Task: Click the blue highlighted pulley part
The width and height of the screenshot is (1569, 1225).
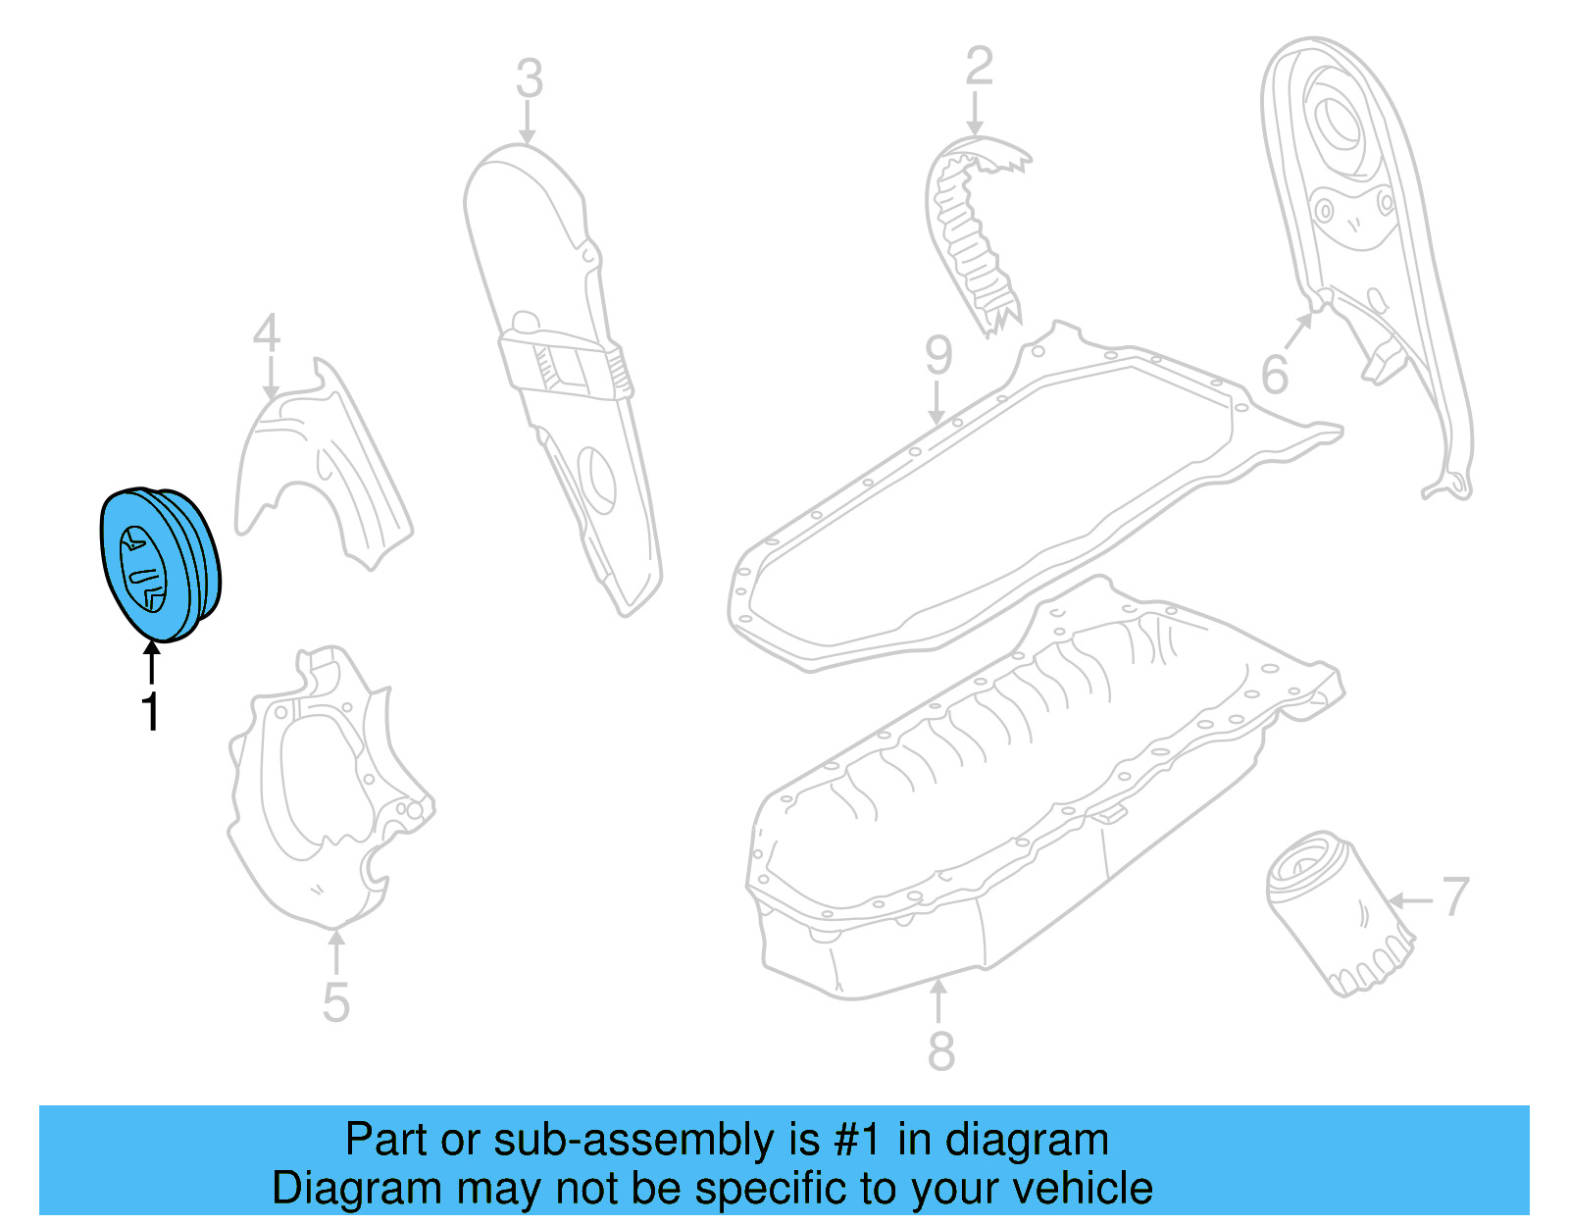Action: [x=160, y=564]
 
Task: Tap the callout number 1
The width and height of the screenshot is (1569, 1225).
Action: [x=150, y=711]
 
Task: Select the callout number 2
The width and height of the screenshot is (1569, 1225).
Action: [x=979, y=67]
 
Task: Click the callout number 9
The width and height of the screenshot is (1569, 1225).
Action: [x=938, y=355]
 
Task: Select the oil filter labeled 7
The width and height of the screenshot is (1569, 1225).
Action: [x=1338, y=912]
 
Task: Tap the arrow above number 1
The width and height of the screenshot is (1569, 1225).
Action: [x=152, y=662]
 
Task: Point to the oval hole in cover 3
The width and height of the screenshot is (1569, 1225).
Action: [x=597, y=480]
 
